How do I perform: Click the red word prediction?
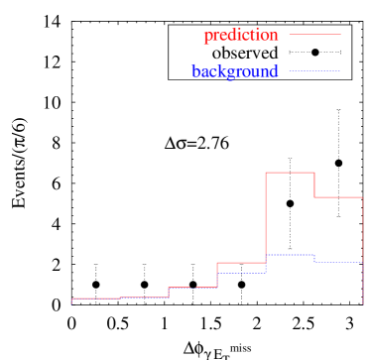(x=240, y=36)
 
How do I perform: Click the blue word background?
(x=235, y=71)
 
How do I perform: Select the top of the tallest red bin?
(x=290, y=173)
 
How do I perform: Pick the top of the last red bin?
(x=338, y=197)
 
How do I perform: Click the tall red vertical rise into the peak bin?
(x=266, y=218)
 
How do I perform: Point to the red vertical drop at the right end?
(x=363, y=248)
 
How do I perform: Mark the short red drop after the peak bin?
(x=314, y=184)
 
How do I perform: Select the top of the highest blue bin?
(x=290, y=255)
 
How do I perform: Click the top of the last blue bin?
(x=338, y=262)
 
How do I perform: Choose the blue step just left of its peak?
(x=242, y=272)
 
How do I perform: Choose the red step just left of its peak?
(x=242, y=263)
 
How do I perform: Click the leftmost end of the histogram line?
(x=72, y=299)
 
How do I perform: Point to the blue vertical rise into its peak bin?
(x=266, y=263)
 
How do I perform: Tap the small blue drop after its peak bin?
(x=314, y=259)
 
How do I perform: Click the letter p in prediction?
(x=207, y=37)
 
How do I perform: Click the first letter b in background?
(x=195, y=71)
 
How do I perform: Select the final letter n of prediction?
(x=274, y=36)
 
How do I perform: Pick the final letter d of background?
(x=274, y=71)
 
